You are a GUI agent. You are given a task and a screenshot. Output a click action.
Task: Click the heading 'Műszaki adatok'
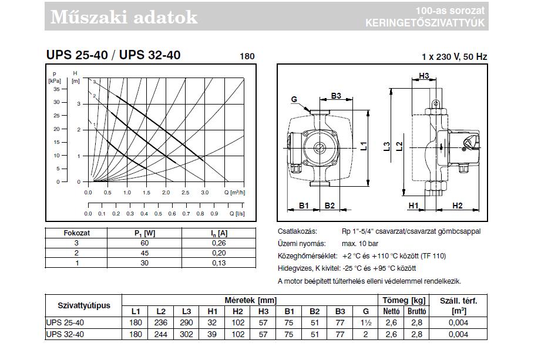point(124,17)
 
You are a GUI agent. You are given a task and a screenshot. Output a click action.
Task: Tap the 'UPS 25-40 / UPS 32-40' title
point(113,55)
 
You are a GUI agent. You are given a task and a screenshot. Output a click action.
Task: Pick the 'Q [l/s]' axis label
point(237,213)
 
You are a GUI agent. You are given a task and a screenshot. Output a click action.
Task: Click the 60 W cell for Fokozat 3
point(144,243)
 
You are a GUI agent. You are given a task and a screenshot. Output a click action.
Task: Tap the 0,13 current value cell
point(219,263)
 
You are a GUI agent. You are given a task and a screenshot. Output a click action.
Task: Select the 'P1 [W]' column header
point(145,233)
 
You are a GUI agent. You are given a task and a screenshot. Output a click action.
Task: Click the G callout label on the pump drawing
point(294,99)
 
